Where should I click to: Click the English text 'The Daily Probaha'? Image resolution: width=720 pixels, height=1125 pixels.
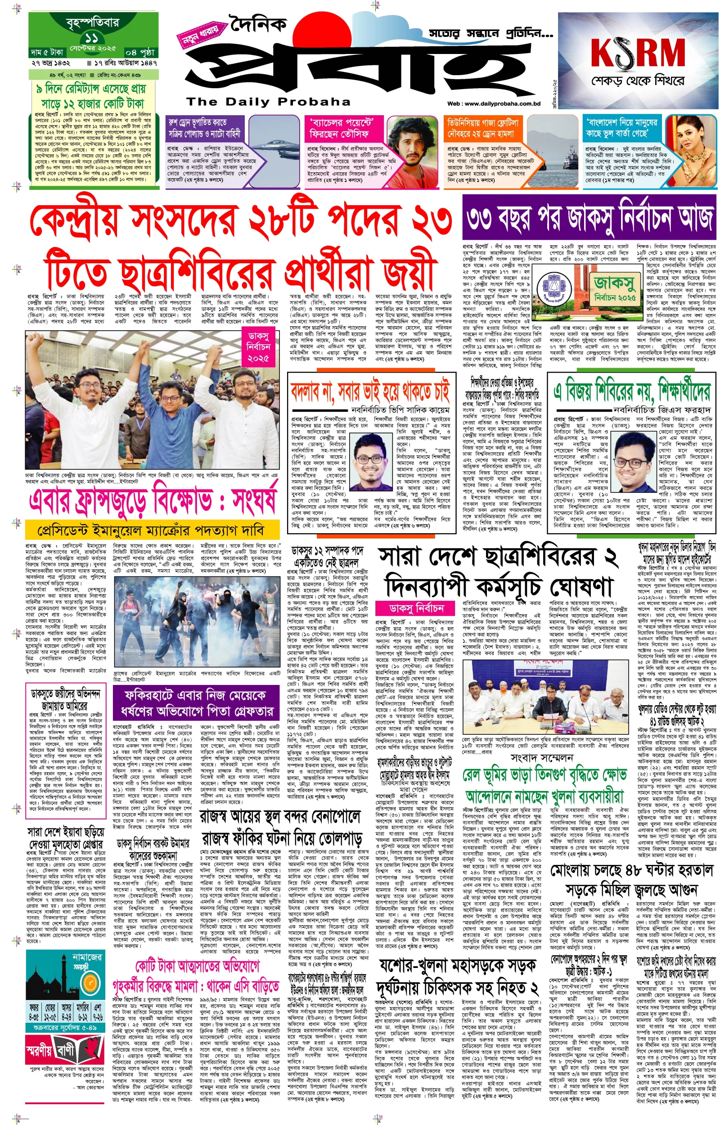click(x=268, y=101)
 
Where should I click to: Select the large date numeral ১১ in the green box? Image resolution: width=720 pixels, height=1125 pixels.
click(x=92, y=39)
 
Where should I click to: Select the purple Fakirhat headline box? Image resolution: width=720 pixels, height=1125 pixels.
click(x=196, y=703)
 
